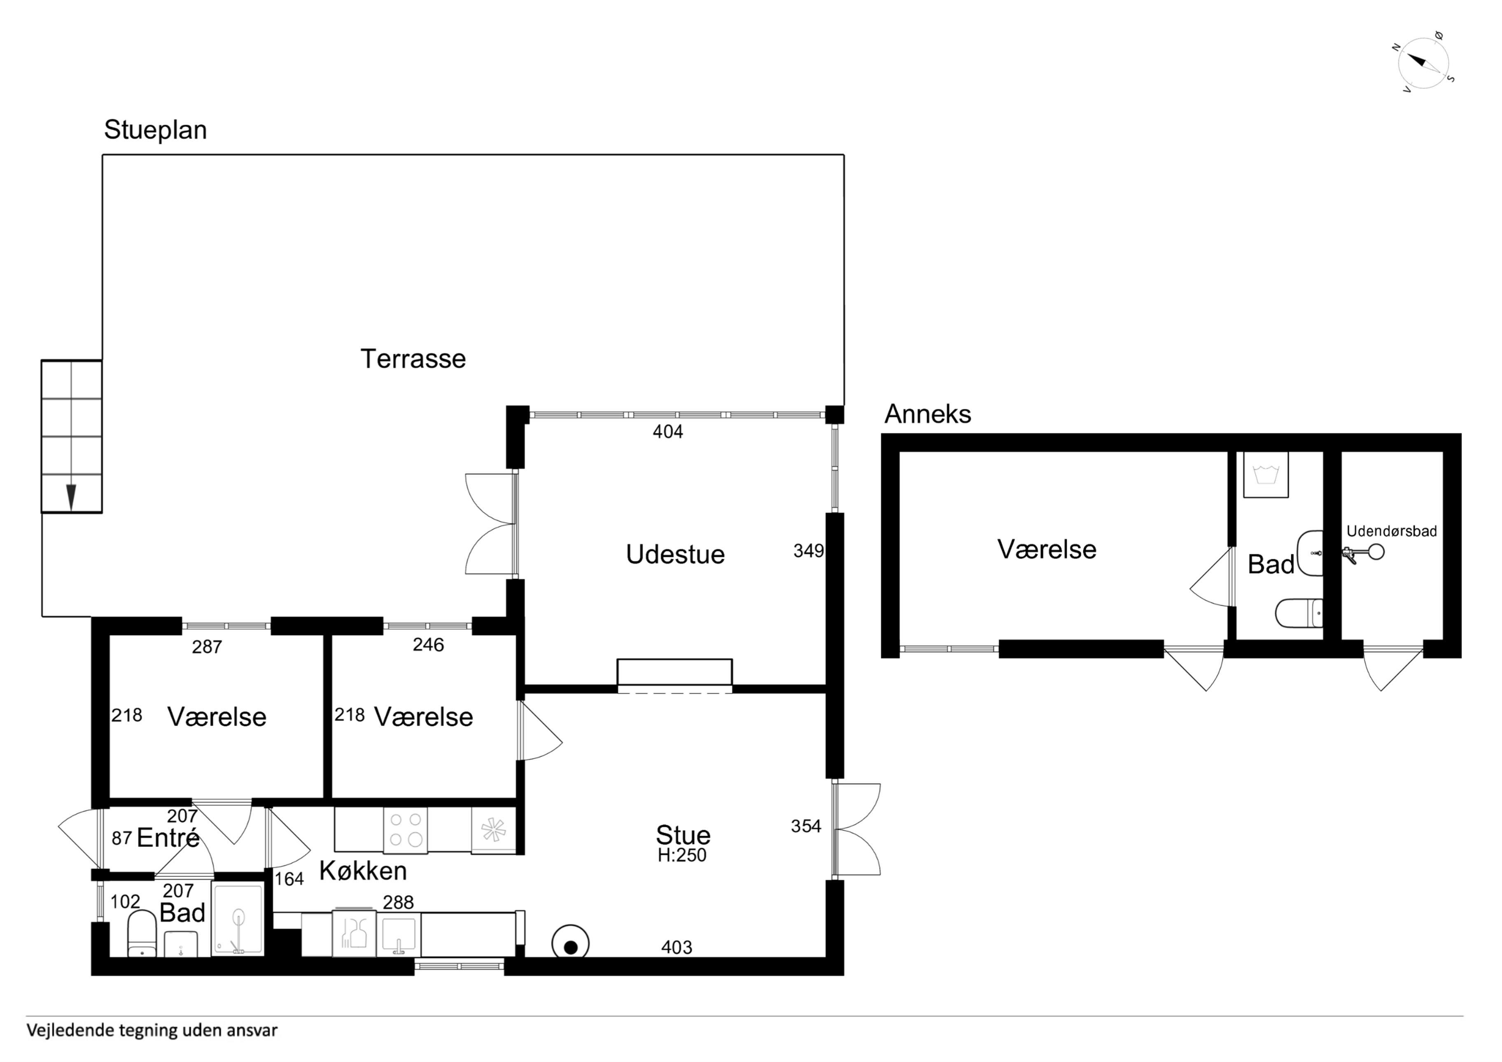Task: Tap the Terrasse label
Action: [x=413, y=359]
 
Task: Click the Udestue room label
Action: [x=675, y=554]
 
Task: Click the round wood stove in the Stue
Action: [x=570, y=945]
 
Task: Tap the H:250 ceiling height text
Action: [x=682, y=855]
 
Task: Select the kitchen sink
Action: [x=399, y=936]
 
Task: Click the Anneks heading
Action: [x=928, y=414]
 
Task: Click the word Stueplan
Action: [x=156, y=130]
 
